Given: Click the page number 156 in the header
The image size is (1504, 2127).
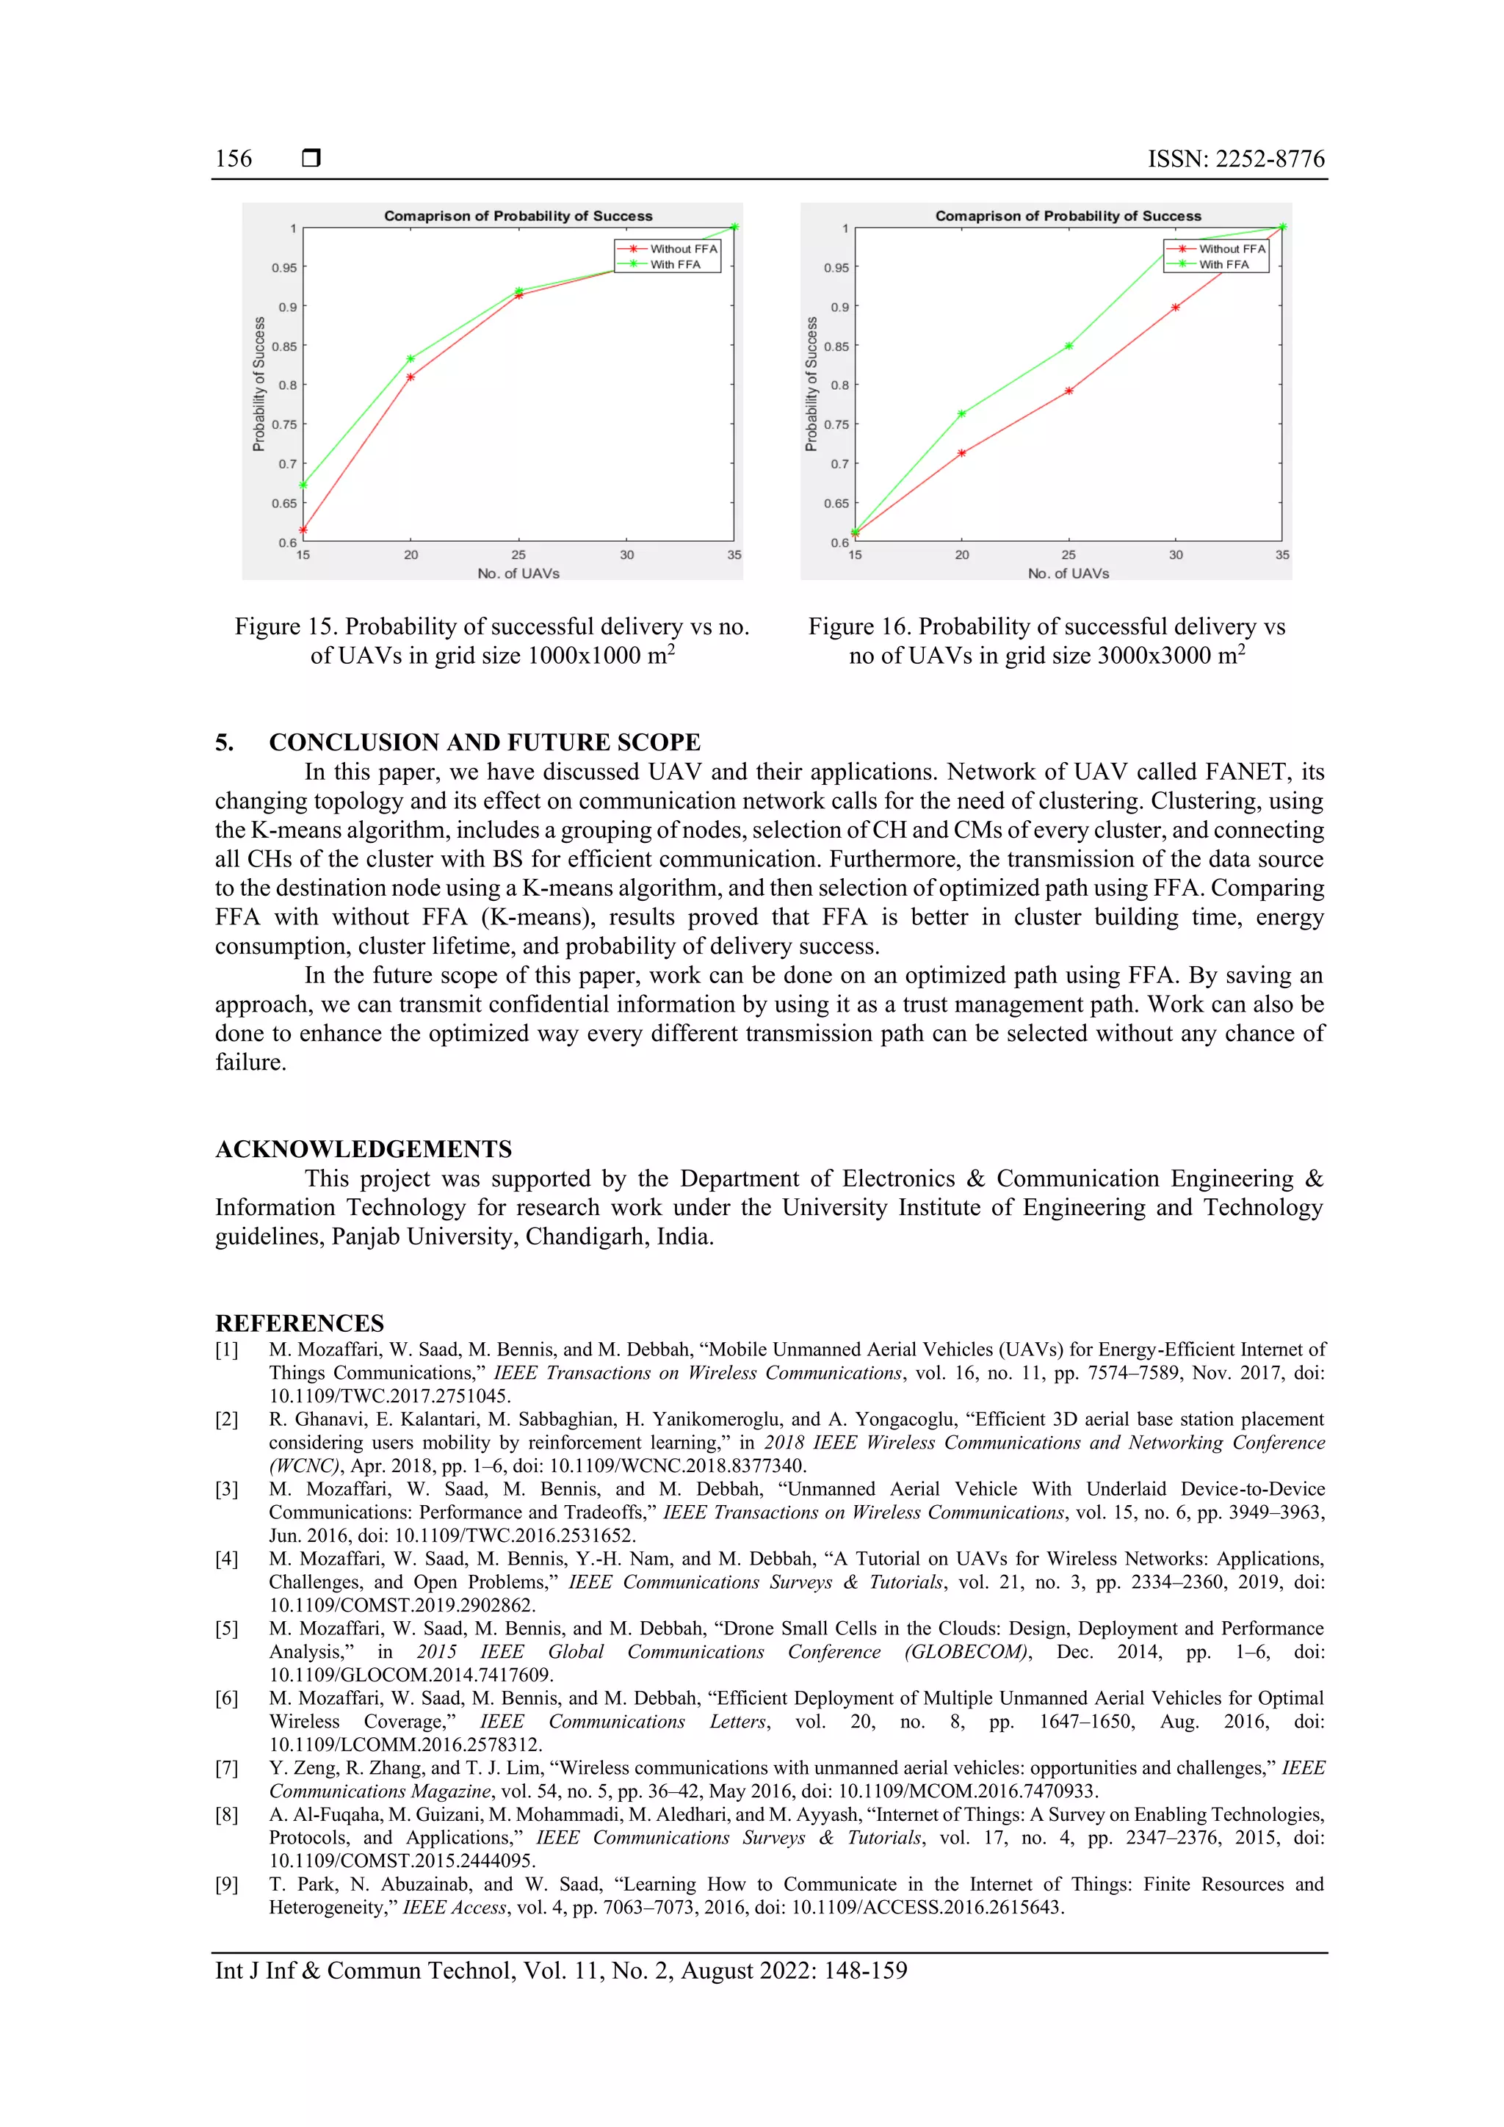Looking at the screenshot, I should (234, 159).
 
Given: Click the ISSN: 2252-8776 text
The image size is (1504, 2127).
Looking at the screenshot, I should (1235, 159).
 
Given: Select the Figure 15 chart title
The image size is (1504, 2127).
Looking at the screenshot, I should (518, 216).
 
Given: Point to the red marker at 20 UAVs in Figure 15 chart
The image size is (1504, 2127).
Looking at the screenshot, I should (411, 377).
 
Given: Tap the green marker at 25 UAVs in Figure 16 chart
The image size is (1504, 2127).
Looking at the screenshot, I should (1069, 346).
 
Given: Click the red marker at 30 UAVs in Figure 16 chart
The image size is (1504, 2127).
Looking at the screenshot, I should (1175, 308).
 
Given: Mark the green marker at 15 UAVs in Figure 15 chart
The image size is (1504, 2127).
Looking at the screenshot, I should (303, 485).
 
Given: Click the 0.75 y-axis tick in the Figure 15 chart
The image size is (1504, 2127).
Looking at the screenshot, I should (284, 425).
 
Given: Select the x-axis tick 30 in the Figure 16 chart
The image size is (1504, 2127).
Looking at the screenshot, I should (1175, 555).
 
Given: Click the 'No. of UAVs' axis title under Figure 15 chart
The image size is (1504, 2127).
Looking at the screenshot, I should (518, 573).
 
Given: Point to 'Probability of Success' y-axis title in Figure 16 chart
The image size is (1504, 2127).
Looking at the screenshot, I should (811, 385).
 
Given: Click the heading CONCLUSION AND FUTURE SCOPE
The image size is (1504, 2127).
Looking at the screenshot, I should (484, 742).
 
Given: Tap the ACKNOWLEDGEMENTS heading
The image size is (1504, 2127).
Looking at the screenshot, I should (364, 1149).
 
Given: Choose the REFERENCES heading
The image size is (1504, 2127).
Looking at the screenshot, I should (300, 1323).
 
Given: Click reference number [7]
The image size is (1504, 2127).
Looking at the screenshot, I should (227, 1767).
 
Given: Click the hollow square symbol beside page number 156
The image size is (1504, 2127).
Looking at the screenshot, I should (311, 159).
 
